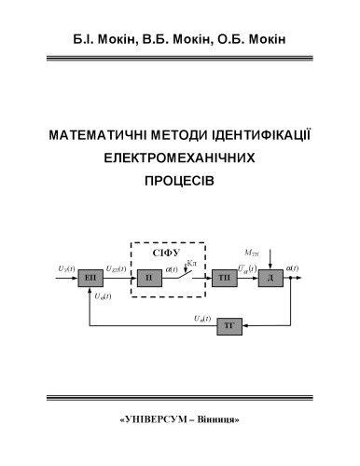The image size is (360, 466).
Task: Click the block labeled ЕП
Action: pyautogui.click(x=90, y=279)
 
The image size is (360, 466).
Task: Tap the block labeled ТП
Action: pyautogui.click(x=223, y=279)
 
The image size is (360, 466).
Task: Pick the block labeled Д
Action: pyautogui.click(x=270, y=279)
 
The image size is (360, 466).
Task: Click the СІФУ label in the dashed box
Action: pyautogui.click(x=166, y=252)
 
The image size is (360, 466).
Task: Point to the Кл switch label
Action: pyautogui.click(x=191, y=265)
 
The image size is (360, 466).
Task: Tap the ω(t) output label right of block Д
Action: pyautogui.click(x=293, y=270)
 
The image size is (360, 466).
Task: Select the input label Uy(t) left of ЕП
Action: pyautogui.click(x=66, y=270)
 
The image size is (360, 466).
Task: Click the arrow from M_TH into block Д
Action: pyautogui.click(x=270, y=262)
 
